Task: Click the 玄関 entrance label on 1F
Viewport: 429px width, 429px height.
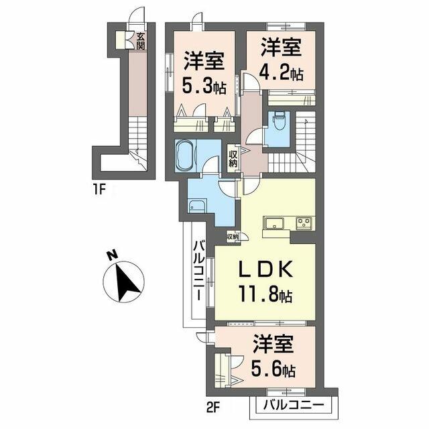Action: (x=141, y=41)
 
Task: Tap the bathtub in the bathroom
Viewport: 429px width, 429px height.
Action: (x=186, y=156)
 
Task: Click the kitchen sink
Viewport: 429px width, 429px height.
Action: (x=274, y=223)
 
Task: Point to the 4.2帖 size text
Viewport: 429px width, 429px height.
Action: (x=281, y=72)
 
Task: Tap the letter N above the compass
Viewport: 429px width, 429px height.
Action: (x=112, y=256)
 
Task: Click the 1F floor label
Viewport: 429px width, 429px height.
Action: (x=99, y=189)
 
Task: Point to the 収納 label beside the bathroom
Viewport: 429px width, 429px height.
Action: (x=233, y=159)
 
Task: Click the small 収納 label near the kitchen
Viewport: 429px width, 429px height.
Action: (x=233, y=236)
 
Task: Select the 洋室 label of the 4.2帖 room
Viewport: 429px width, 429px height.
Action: (x=281, y=48)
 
